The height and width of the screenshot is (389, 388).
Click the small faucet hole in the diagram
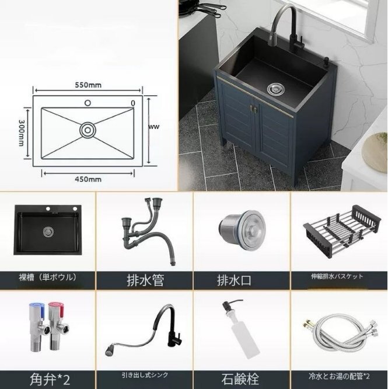click(x=88, y=103)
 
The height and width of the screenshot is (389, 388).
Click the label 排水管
click(x=145, y=279)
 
